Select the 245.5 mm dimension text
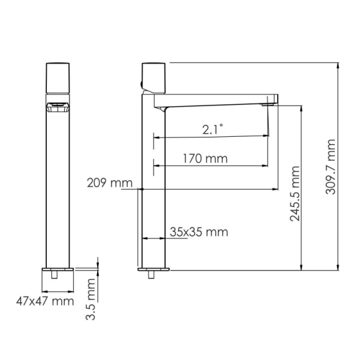coord(295,194)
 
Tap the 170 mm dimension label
coord(199,159)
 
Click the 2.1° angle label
coord(212,128)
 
